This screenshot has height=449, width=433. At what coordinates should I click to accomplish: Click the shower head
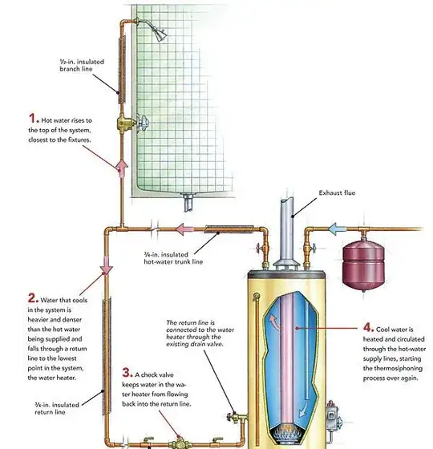pos(160,34)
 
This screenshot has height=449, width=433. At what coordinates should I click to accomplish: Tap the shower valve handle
pos(143,123)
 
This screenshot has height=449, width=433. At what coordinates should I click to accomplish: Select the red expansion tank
pos(363,265)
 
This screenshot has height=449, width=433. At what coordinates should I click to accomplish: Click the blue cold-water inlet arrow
pos(337,229)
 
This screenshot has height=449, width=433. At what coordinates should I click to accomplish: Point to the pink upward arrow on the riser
pos(122,168)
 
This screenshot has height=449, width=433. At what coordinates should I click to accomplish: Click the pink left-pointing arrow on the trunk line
pos(184,229)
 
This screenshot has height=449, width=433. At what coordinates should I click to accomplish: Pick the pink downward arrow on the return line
pos(106,265)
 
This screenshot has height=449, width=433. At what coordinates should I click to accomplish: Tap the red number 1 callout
pos(33,119)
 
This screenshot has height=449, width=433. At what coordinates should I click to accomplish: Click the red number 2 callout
pos(32,298)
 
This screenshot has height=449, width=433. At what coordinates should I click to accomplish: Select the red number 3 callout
pos(127,373)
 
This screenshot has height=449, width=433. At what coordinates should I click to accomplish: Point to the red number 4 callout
pos(368,327)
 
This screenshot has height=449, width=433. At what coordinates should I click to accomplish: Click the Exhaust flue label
pos(337,193)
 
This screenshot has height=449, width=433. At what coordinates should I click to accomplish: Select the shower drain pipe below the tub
pos(188,202)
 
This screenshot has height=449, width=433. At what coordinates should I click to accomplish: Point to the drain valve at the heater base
pos(235,417)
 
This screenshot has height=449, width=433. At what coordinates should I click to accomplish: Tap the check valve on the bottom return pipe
pos(180,443)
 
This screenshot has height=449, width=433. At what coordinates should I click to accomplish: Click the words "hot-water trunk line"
pos(173,261)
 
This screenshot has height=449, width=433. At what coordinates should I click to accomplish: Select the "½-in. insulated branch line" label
pos(82,65)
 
